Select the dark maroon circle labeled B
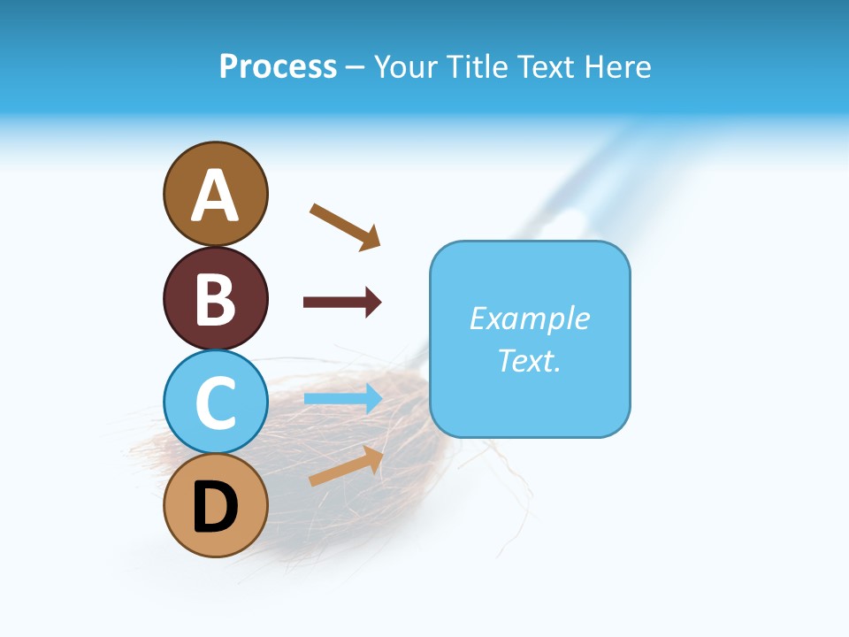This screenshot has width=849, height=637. (215, 298)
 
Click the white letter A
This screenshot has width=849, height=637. (215, 196)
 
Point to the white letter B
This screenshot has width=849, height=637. (215, 299)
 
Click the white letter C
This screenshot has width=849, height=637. (215, 403)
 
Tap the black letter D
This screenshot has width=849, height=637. (215, 507)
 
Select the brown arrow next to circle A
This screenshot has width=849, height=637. (345, 226)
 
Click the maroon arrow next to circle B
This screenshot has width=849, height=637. (342, 303)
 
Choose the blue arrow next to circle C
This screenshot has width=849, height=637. (343, 398)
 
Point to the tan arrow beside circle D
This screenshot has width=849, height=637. (346, 466)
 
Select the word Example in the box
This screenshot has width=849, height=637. (529, 318)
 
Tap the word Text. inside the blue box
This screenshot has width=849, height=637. (529, 360)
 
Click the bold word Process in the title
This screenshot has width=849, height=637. (278, 66)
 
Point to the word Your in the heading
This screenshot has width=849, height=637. (408, 66)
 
